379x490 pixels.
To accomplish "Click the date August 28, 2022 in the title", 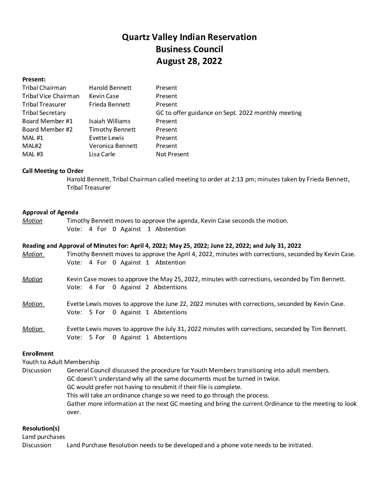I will (x=189, y=61).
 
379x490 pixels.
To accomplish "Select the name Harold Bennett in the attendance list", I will (x=110, y=88).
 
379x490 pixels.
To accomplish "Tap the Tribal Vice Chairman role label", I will (x=51, y=96).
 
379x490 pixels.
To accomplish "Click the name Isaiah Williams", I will (x=110, y=121).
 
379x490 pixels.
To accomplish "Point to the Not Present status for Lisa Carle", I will (x=172, y=154).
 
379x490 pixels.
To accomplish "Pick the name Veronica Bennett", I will (x=113, y=146).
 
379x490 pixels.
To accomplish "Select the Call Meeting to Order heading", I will (x=53, y=171).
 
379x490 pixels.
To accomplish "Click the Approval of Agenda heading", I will (x=50, y=212).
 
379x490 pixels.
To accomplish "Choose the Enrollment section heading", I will (x=38, y=354).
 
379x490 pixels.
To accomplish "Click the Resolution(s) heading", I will (x=41, y=428).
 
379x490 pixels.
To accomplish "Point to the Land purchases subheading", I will (x=44, y=437).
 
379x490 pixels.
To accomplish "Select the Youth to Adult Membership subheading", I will (x=61, y=362).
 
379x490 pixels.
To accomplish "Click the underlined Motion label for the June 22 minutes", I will (x=32, y=304).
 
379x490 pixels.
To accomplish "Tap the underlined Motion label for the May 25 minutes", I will (x=32, y=279).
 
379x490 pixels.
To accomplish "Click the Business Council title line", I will (x=189, y=49).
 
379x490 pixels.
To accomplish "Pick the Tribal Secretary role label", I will (x=44, y=113).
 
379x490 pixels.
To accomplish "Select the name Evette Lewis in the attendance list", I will (x=106, y=138).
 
